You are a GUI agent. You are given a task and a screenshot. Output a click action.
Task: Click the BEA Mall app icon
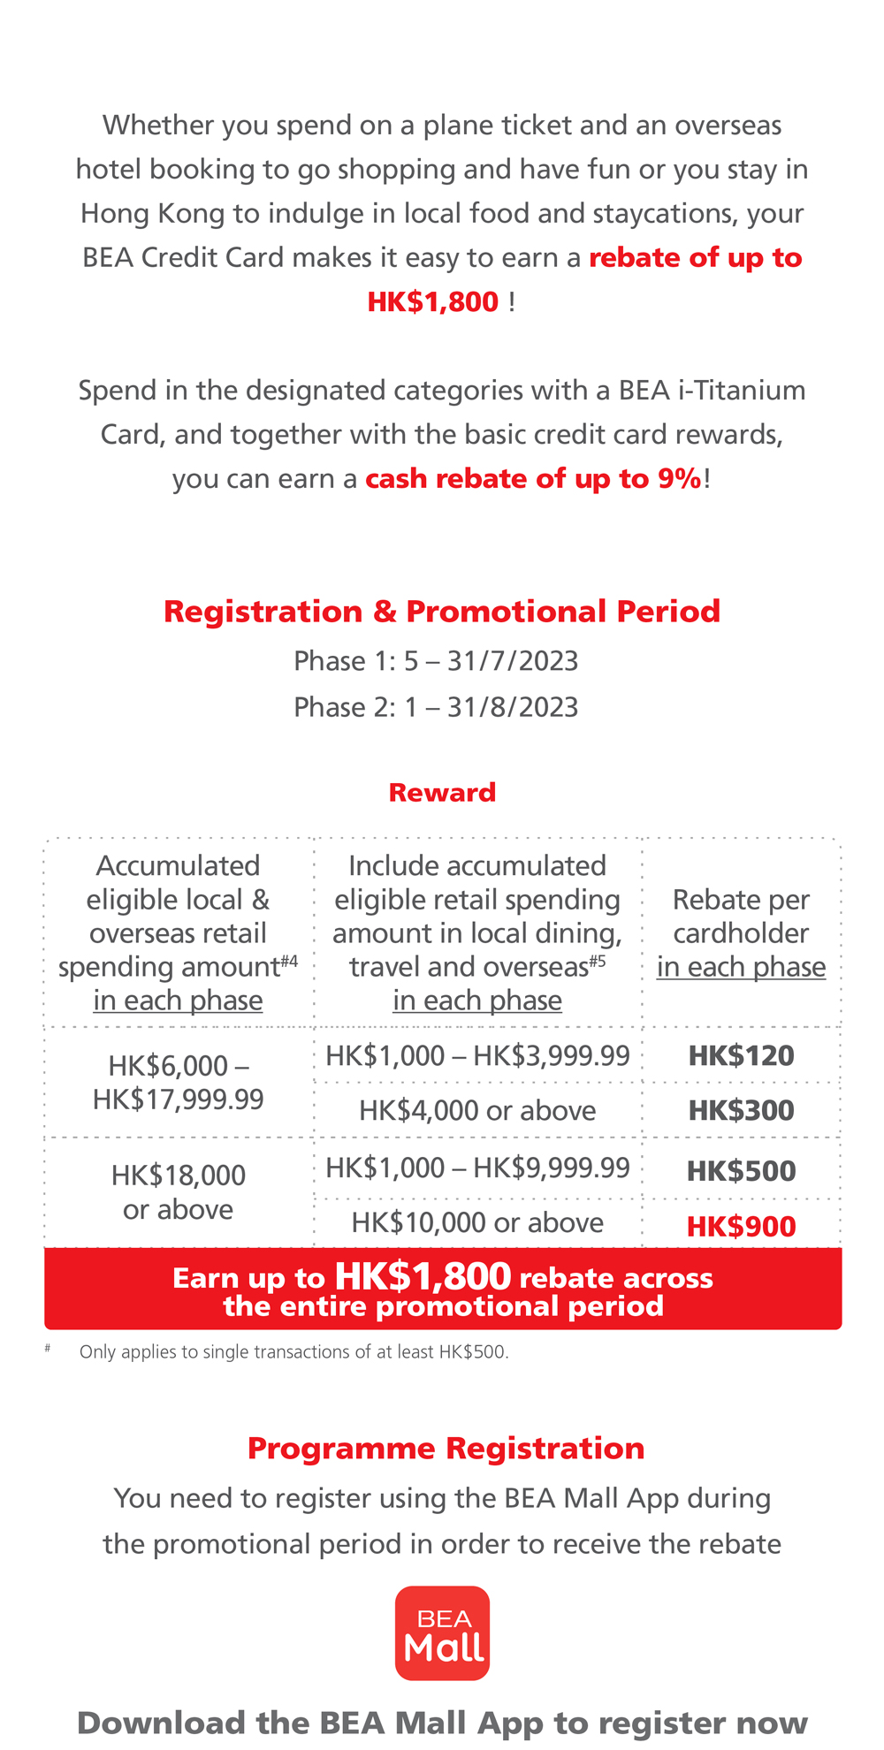coord(442,1632)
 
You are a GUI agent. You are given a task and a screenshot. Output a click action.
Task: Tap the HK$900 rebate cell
coord(741,1226)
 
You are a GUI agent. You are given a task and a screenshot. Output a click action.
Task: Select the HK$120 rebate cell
coord(741,1055)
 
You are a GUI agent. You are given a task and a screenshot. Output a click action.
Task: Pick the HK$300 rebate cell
coord(741,1110)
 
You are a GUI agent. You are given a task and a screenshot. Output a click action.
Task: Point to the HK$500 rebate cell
coord(741,1170)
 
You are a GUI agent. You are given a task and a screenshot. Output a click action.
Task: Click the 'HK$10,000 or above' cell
coord(477,1222)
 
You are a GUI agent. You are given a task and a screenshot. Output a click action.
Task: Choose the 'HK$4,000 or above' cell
coord(477,1110)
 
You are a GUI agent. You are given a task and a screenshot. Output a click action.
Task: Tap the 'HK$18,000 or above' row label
coord(178,1191)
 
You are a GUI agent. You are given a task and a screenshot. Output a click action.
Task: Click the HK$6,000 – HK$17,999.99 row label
coord(178,1082)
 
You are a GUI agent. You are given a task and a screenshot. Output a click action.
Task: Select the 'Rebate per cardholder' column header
coord(741,933)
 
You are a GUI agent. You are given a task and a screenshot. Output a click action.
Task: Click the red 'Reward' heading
coord(442,792)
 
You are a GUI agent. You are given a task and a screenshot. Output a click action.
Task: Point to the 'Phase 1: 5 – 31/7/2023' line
coord(436,661)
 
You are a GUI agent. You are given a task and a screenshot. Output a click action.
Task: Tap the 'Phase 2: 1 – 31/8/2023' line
coord(436,707)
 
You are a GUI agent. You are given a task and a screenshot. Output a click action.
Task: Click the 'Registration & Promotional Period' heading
coord(442,612)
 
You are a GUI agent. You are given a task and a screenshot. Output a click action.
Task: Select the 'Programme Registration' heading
coord(446,1449)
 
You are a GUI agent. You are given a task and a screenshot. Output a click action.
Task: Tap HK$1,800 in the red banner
coord(423,1275)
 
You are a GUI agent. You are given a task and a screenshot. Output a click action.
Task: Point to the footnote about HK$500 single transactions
coord(293,1351)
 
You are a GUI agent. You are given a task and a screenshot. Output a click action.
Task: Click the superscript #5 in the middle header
coord(598,960)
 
